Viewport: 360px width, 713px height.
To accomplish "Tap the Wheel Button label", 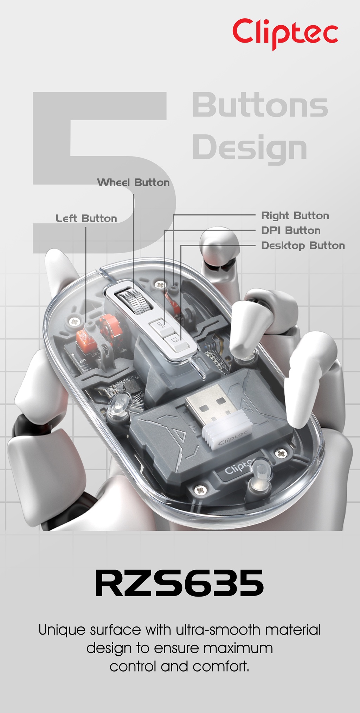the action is coord(133,183).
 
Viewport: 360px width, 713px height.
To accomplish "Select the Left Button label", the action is coord(86,218).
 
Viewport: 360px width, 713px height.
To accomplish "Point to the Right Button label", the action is coord(295,216).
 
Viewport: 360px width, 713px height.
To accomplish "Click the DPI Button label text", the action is coord(291,230).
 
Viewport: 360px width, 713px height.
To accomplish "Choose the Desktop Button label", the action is coord(303,246).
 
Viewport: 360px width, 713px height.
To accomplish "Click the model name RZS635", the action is coord(180,584).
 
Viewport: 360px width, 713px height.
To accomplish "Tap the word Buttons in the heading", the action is coord(260,105).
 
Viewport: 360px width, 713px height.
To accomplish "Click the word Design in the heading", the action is coord(250,147).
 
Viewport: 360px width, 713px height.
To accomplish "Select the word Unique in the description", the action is coord(62,630).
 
